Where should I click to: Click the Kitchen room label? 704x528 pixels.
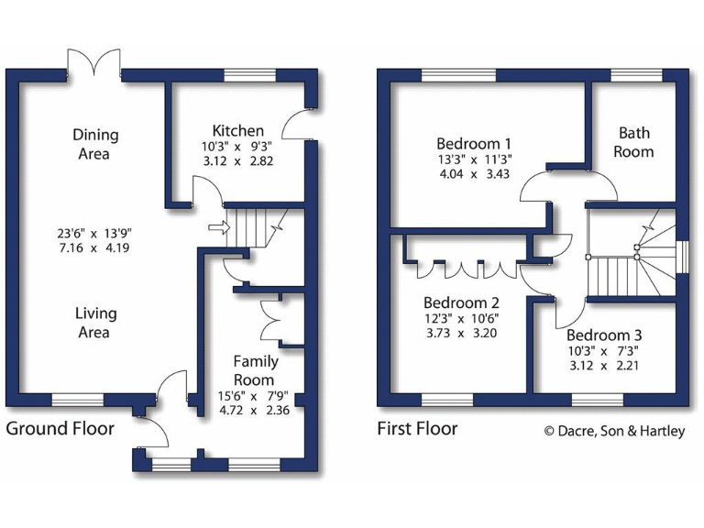pos(237,131)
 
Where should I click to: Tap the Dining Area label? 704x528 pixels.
pos(95,144)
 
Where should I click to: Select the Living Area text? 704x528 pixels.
pos(95,323)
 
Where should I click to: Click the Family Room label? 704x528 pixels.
pos(254,370)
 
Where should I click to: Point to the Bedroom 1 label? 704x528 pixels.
pos(473,144)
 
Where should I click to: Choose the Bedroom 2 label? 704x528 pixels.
pos(460,303)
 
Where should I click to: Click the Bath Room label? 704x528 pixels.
pos(633,142)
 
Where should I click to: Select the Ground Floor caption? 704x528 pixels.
pos(60,428)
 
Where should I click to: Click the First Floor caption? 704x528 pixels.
pos(417,428)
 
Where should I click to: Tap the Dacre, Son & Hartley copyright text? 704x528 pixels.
pos(613,431)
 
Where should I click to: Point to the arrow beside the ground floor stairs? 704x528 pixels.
pos(216,226)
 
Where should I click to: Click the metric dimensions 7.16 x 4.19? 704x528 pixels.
pos(95,247)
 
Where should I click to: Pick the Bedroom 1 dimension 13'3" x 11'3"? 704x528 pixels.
pos(473,159)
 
